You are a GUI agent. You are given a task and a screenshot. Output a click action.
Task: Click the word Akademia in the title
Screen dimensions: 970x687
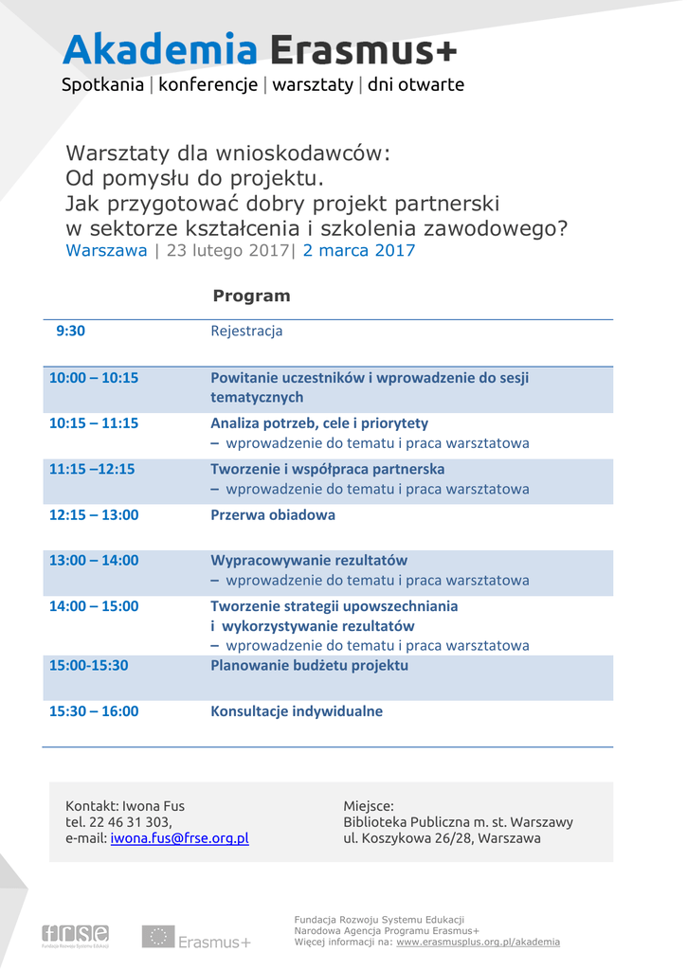tap(160, 49)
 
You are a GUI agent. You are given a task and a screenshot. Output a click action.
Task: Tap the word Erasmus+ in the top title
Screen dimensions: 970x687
tap(363, 49)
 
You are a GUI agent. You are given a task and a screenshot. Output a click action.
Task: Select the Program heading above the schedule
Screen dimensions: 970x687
tap(251, 296)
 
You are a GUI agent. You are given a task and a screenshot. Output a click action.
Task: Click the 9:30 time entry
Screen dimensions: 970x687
tap(70, 331)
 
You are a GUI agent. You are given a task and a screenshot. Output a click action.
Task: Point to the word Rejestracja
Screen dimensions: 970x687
tap(246, 331)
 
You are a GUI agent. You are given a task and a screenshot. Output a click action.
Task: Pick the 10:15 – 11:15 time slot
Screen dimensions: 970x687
tap(94, 422)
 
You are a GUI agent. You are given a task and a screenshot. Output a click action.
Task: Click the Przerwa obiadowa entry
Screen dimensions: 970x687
tap(273, 514)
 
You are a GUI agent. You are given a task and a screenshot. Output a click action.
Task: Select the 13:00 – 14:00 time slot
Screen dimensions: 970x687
tap(94, 560)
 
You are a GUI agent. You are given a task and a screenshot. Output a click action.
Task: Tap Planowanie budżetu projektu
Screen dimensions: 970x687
tap(309, 665)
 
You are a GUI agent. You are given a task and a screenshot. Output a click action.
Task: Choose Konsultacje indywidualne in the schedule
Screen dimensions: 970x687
tap(297, 710)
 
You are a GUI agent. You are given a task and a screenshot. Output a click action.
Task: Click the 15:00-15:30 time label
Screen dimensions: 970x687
tap(88, 665)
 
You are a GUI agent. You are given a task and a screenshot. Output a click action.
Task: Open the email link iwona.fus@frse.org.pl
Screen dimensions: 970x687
tap(179, 838)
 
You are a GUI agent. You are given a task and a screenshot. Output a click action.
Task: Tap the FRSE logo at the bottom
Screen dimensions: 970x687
tap(75, 935)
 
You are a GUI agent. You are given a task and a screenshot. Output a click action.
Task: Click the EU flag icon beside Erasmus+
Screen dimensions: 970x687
tap(157, 937)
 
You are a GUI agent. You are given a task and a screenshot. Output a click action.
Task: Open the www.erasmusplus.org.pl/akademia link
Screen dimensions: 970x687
tap(478, 942)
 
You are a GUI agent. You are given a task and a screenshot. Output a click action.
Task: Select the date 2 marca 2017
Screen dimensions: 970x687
tap(359, 251)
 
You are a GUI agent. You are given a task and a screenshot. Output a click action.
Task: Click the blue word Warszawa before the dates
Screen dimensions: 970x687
tap(106, 251)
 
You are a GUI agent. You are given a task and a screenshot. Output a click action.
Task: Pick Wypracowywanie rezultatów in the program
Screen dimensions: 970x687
tap(309, 560)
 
